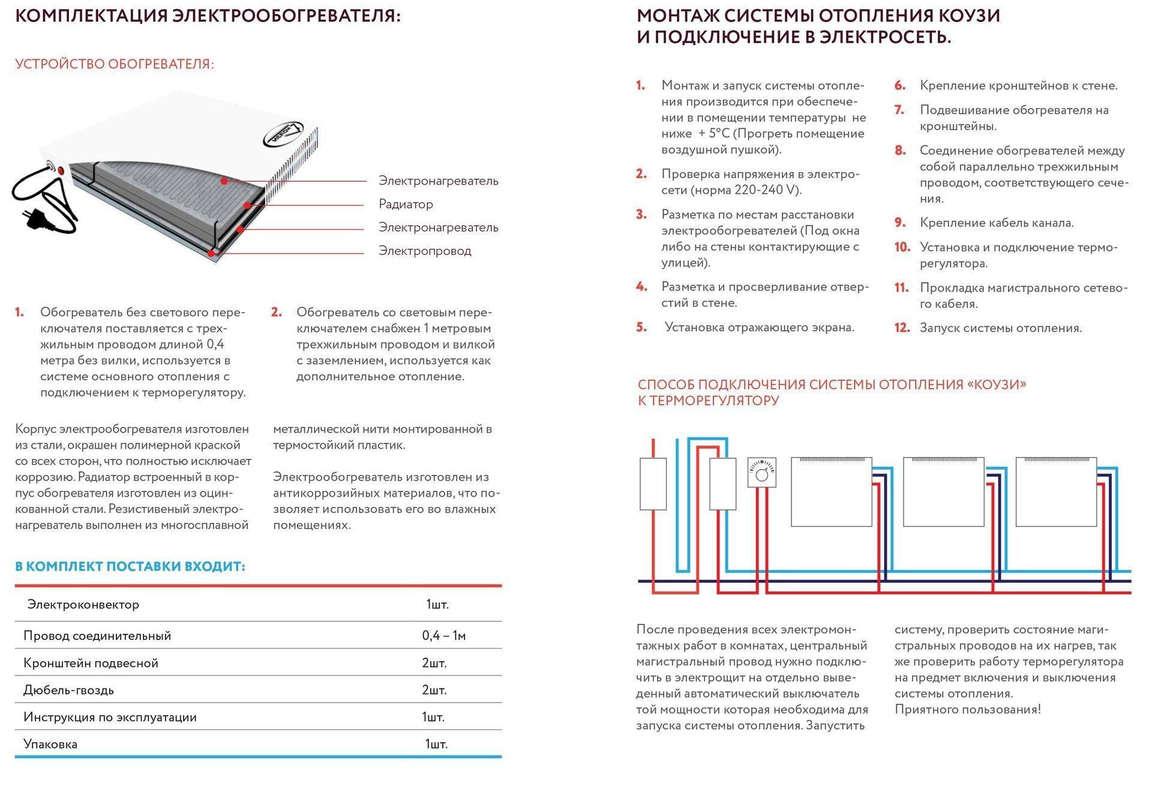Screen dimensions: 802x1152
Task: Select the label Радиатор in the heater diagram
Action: click(406, 205)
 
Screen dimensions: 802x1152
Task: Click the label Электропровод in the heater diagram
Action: click(425, 251)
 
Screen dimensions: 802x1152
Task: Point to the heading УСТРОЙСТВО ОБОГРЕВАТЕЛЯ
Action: click(115, 64)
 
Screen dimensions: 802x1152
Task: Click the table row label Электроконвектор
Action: click(83, 605)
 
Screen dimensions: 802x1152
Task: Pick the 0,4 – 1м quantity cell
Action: click(443, 636)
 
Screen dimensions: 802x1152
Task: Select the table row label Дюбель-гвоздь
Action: click(68, 690)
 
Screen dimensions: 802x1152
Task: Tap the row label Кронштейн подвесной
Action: click(91, 663)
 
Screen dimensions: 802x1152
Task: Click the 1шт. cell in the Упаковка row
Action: click(436, 744)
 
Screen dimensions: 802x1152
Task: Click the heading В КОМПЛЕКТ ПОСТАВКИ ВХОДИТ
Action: click(130, 567)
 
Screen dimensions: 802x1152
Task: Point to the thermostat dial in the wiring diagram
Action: click(762, 474)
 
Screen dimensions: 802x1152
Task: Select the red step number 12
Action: click(902, 328)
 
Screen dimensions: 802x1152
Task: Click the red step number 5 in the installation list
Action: click(641, 328)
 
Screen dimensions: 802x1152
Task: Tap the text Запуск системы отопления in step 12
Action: click(1001, 328)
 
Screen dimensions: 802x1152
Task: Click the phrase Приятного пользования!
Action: click(967, 710)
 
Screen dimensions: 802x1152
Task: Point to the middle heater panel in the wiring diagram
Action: click(943, 492)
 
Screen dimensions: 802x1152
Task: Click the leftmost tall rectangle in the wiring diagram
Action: click(653, 484)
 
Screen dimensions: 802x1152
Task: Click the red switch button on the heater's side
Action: click(59, 170)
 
